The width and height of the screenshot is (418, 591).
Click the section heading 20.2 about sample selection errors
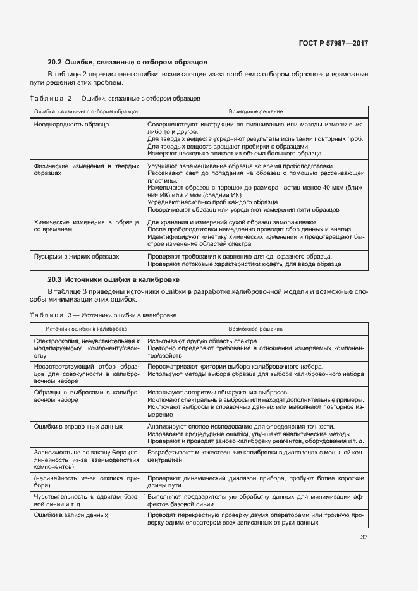click(128, 63)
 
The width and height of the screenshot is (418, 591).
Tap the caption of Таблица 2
click(115, 99)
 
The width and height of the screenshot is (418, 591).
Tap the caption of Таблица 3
click(103, 314)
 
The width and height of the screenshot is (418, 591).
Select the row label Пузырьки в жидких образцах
click(76, 257)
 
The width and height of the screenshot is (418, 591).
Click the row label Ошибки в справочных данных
click(78, 427)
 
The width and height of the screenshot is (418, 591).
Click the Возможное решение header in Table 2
click(255, 111)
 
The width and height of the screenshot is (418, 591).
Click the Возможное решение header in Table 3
click(255, 329)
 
